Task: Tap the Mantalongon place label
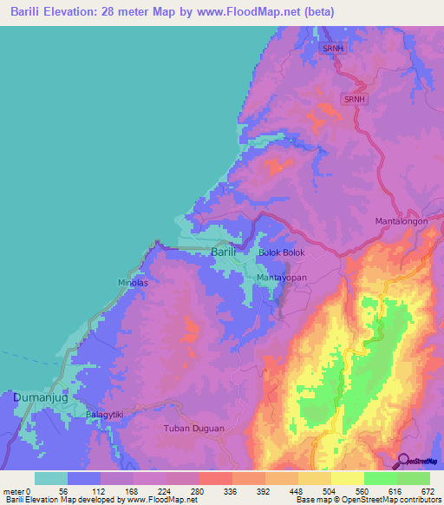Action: click(402, 221)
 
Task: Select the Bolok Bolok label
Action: click(282, 252)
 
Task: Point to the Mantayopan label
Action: click(282, 278)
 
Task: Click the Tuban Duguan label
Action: click(194, 429)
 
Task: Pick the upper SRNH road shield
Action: click(333, 49)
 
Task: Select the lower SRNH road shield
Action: click(355, 100)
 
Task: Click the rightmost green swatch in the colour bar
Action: click(413, 478)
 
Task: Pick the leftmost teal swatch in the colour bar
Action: click(51, 478)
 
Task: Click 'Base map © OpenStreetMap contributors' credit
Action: click(367, 500)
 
